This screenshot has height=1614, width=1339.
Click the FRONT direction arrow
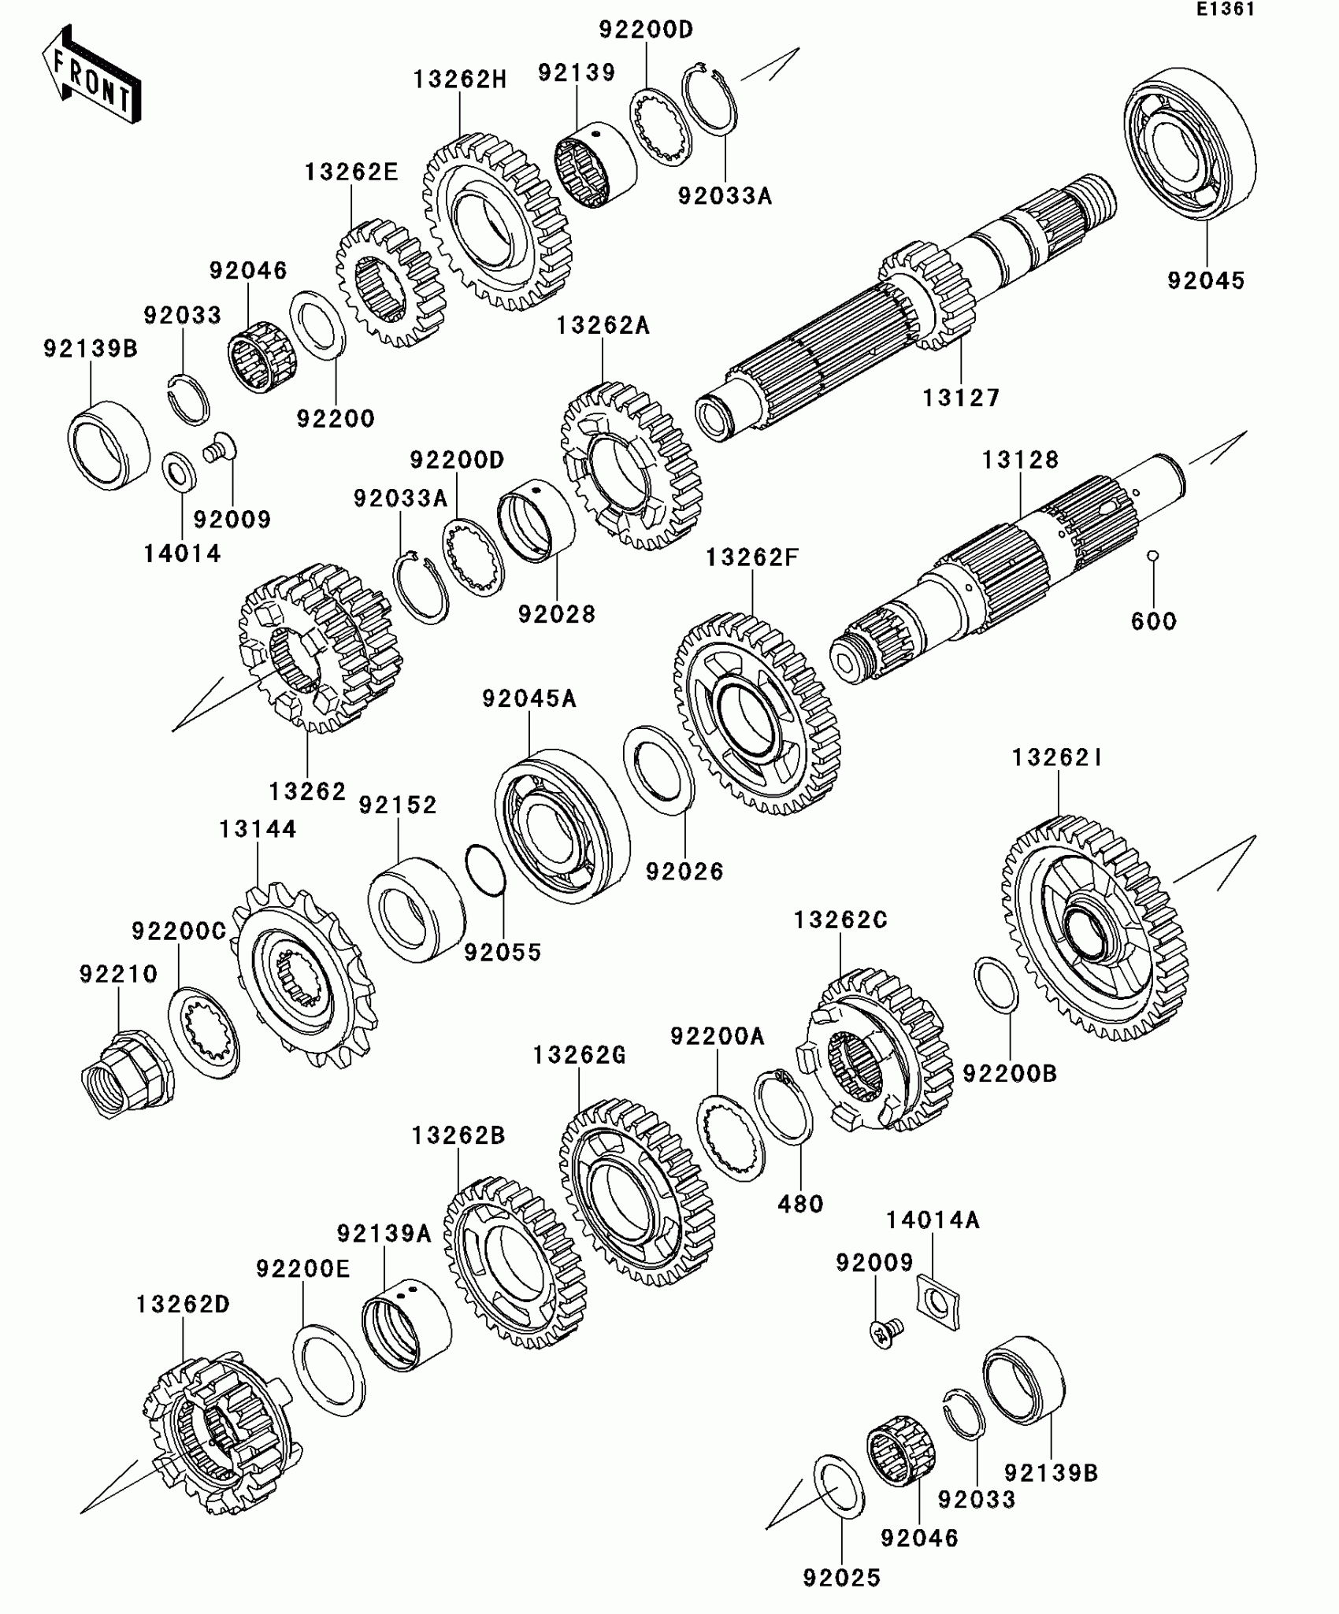(x=91, y=76)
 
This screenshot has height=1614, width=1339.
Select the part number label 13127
(x=961, y=398)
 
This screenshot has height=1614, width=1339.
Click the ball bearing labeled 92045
(x=1189, y=142)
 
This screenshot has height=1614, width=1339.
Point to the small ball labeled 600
(x=1152, y=557)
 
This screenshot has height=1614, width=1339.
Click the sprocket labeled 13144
(x=303, y=976)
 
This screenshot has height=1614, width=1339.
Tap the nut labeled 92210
(x=126, y=1075)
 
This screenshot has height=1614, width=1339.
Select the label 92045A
(x=529, y=698)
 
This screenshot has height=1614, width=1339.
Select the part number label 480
(x=800, y=1204)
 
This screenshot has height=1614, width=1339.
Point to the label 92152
(x=398, y=805)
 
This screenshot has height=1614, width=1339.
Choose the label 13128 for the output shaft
(x=1020, y=460)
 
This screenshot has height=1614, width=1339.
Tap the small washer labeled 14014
(x=180, y=472)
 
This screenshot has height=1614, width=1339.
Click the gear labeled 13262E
(x=390, y=283)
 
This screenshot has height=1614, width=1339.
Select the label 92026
(x=684, y=872)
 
